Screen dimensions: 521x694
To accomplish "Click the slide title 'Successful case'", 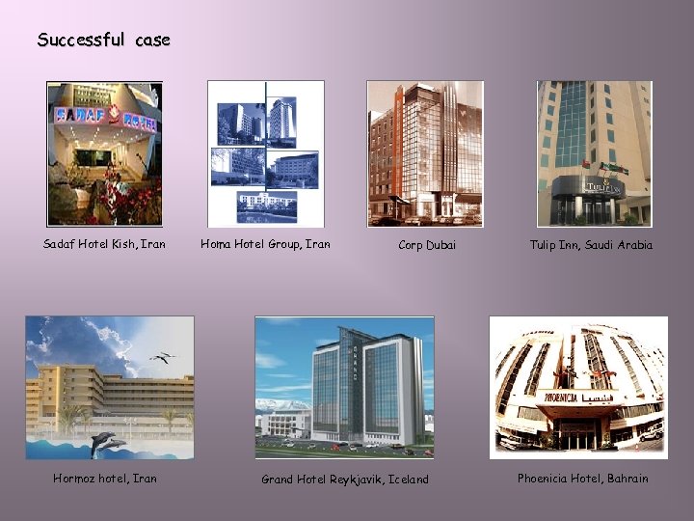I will [x=103, y=41].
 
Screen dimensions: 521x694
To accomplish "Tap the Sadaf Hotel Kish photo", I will [x=105, y=154].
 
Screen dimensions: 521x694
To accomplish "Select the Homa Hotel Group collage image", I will [x=265, y=153].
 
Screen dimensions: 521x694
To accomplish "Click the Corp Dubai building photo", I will [x=424, y=153].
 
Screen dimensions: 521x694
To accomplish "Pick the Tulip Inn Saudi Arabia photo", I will [x=594, y=153].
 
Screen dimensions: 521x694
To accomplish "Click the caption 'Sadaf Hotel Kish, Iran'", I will [x=104, y=244].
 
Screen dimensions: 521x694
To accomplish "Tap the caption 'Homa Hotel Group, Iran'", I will [x=265, y=244].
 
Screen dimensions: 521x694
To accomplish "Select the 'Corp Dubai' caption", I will [x=427, y=245].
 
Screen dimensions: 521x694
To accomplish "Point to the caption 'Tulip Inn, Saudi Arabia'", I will [x=591, y=245].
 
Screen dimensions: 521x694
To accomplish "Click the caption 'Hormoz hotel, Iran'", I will [x=105, y=478].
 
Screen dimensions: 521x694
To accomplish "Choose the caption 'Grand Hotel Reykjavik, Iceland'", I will [x=345, y=480].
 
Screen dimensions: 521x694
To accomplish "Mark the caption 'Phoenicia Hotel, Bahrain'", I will [x=582, y=478].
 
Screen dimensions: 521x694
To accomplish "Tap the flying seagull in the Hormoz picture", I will [x=162, y=358].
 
